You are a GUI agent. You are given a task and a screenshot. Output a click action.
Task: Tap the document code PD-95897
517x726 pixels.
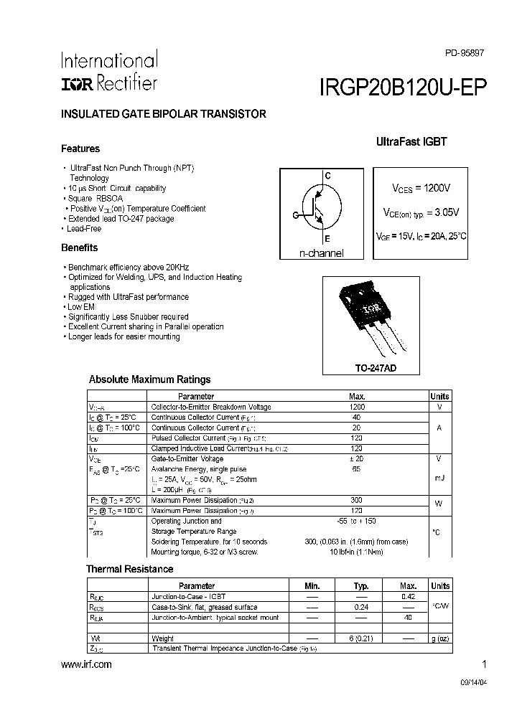(465, 53)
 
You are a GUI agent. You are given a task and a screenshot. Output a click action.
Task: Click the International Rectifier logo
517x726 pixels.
(109, 72)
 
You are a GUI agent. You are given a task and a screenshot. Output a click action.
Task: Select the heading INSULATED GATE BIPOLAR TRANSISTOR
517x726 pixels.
(164, 114)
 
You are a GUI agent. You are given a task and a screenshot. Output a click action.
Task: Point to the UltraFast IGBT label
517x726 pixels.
(411, 142)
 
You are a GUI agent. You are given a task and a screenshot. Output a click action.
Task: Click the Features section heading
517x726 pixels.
(80, 149)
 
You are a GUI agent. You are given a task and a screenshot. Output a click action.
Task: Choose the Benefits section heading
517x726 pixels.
(80, 247)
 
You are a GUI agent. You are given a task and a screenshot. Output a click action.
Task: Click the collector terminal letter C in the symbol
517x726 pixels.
(327, 176)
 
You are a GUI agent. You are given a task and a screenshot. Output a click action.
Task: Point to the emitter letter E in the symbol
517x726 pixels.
(327, 238)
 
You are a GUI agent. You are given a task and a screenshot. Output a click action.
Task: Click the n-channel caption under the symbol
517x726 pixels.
(322, 253)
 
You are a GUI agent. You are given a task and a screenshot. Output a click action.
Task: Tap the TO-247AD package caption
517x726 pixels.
(376, 368)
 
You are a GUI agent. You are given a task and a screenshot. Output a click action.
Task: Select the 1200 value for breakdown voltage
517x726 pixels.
(357, 407)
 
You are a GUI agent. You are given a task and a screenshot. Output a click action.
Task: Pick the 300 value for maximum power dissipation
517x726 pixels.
(357, 500)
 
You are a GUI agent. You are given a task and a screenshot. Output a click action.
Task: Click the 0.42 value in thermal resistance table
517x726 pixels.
(408, 596)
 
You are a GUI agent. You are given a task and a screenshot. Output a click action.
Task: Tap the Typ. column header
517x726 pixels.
(361, 586)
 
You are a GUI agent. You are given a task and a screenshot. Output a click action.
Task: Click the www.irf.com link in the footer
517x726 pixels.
(87, 665)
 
